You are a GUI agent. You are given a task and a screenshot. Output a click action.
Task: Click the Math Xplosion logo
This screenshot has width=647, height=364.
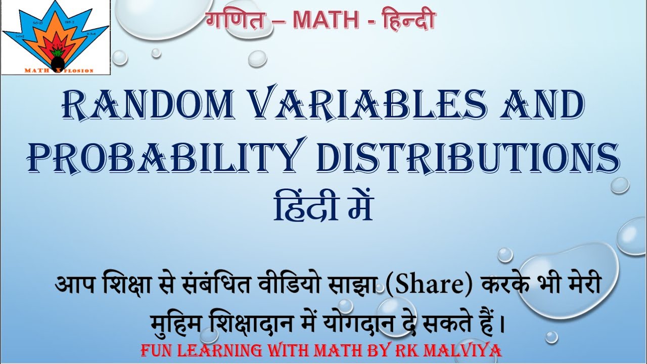(x=56, y=37)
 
